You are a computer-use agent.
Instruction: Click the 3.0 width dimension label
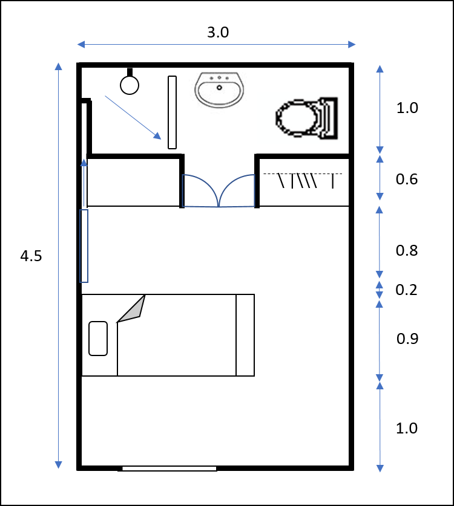(218, 32)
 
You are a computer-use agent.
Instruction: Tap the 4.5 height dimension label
(31, 256)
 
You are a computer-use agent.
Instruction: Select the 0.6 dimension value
(407, 179)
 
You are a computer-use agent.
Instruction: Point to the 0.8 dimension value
(407, 251)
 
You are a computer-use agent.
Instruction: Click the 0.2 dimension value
(406, 290)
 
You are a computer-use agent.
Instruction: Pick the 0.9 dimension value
(407, 339)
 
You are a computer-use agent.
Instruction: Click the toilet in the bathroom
(307, 118)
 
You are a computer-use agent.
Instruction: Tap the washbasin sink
(219, 89)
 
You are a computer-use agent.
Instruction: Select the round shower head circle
(130, 85)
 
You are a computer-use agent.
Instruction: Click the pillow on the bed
(98, 339)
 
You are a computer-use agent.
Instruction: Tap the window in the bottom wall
(169, 469)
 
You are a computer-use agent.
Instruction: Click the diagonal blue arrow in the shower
(133, 117)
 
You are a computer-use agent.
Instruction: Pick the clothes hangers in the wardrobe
(303, 180)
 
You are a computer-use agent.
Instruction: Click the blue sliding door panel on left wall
(84, 246)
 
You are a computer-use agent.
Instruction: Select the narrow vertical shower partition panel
(173, 112)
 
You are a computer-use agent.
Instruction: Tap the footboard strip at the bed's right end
(245, 335)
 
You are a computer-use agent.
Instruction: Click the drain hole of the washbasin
(219, 88)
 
